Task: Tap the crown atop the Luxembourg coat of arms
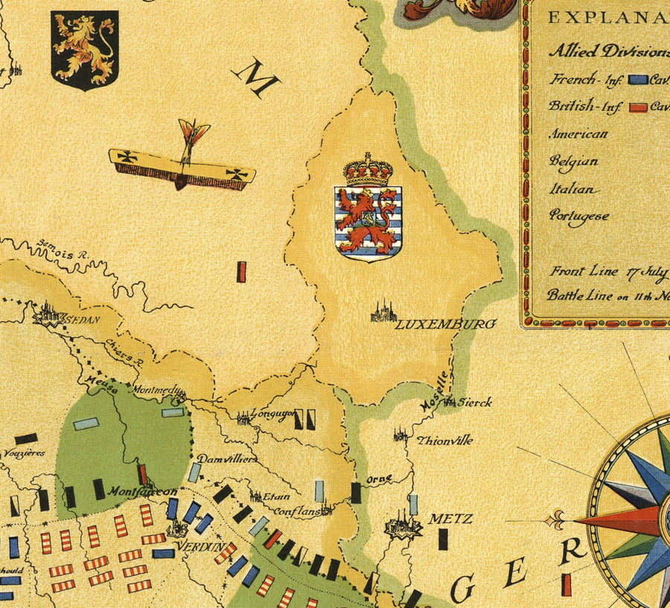pos(368,170)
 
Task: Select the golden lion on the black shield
pos(84,46)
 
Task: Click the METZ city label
pos(450,518)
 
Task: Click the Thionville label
pos(445,440)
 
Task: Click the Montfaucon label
pos(141,492)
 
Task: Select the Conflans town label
pos(297,512)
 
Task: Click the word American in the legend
pos(578,135)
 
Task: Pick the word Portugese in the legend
pos(578,216)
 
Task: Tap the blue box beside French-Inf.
pos(636,79)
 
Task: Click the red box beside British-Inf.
pos(637,106)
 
